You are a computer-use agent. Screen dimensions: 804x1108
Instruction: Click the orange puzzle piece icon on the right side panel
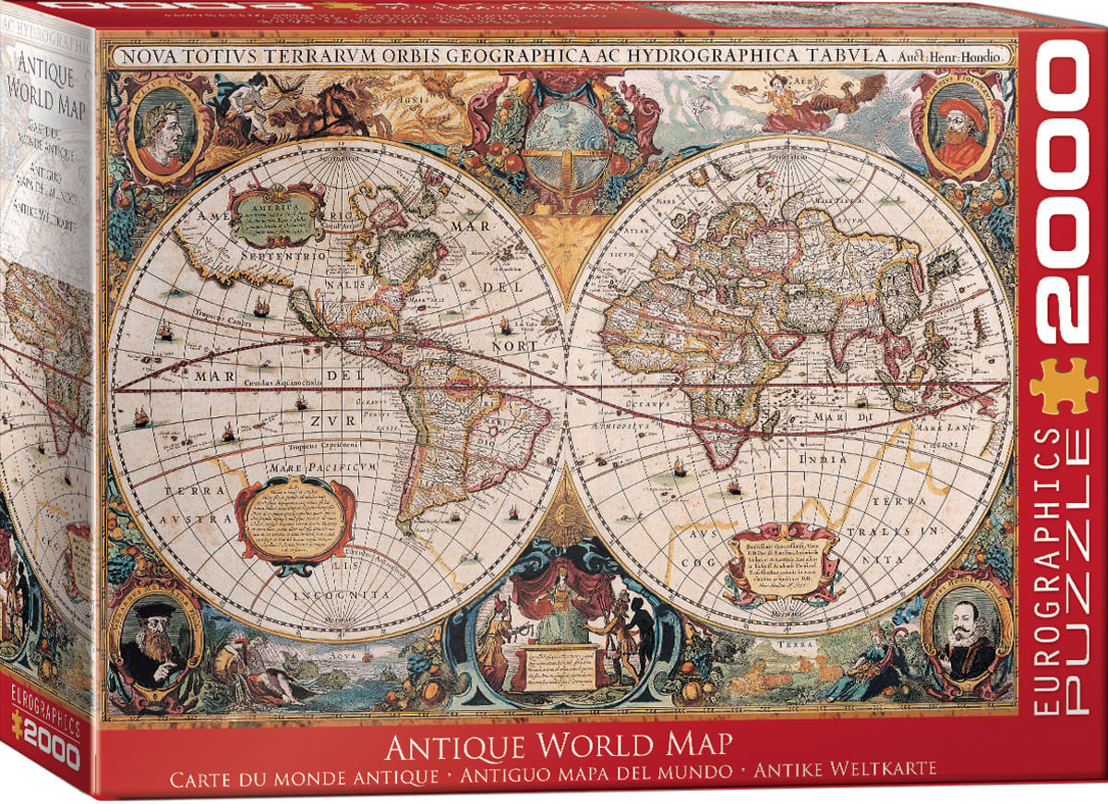[x=1064, y=385]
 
